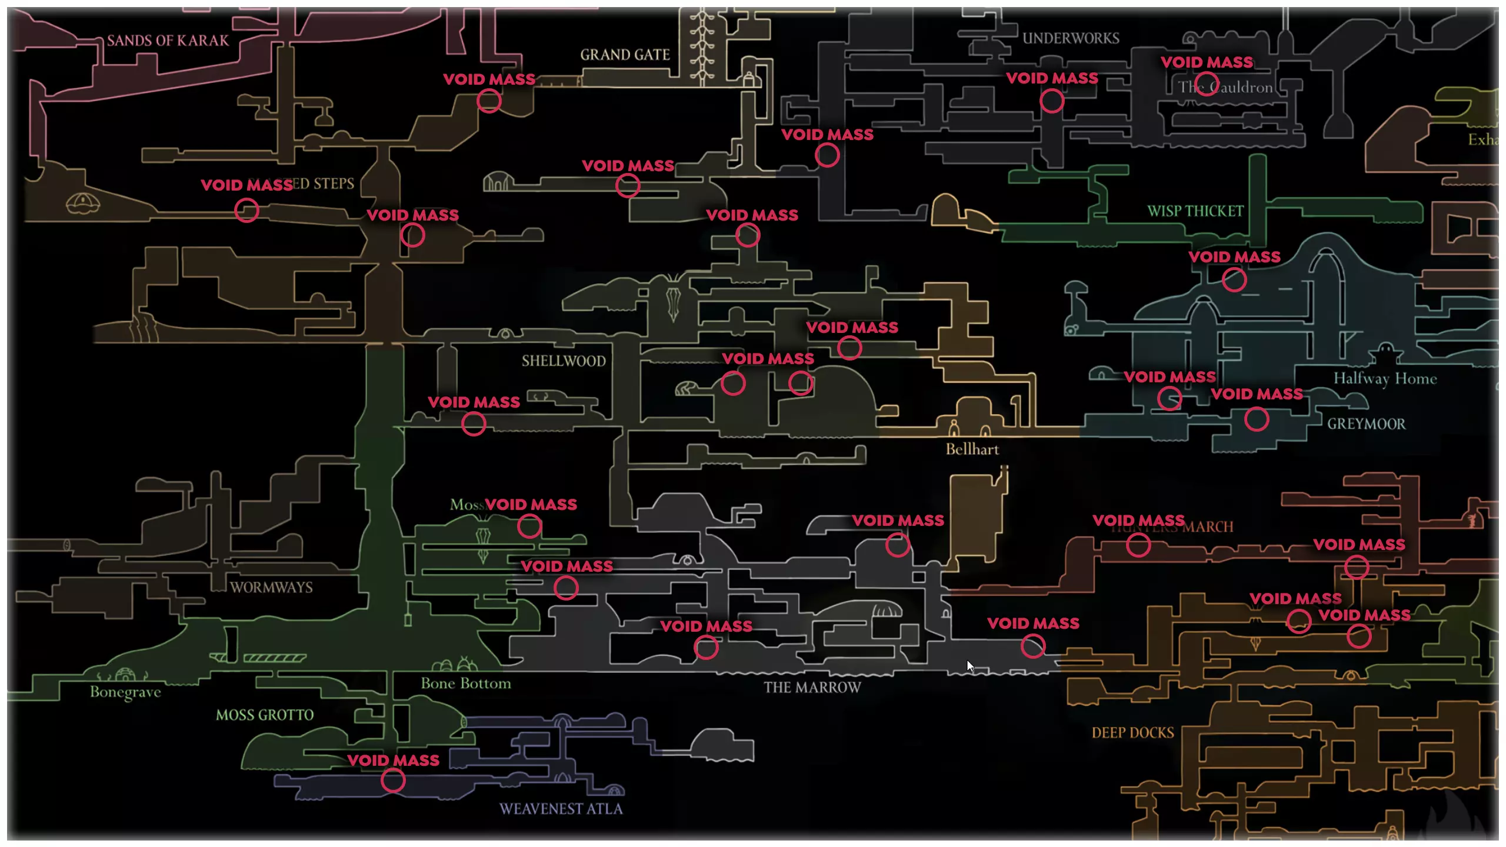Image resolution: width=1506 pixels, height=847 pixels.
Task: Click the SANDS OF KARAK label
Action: (168, 41)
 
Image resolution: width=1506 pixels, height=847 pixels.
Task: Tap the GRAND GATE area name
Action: (625, 55)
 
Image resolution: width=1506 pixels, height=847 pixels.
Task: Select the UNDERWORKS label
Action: (1071, 38)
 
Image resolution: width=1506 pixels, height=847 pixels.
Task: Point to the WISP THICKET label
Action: (1195, 211)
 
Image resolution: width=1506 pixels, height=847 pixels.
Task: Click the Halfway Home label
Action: (1385, 378)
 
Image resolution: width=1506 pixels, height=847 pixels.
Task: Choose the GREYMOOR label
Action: (1366, 424)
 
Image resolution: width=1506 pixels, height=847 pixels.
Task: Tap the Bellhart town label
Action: (972, 449)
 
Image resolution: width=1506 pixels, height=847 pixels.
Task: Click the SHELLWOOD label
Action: (564, 361)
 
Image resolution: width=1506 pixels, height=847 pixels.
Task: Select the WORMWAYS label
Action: (271, 587)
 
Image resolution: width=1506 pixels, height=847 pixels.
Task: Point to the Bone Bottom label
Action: (466, 683)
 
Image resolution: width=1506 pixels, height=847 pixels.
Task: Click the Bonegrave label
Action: (125, 692)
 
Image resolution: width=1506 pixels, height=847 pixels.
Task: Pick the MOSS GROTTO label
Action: (265, 715)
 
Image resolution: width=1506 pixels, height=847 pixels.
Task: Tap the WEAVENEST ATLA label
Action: (561, 809)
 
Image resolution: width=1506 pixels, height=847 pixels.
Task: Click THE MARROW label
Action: (812, 688)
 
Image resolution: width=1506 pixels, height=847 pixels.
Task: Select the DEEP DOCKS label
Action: (1132, 733)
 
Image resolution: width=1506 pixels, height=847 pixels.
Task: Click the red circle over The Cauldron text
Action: (1207, 84)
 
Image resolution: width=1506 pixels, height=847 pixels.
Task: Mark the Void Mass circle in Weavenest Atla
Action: (393, 781)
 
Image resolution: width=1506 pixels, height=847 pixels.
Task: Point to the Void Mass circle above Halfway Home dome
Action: (1234, 279)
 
